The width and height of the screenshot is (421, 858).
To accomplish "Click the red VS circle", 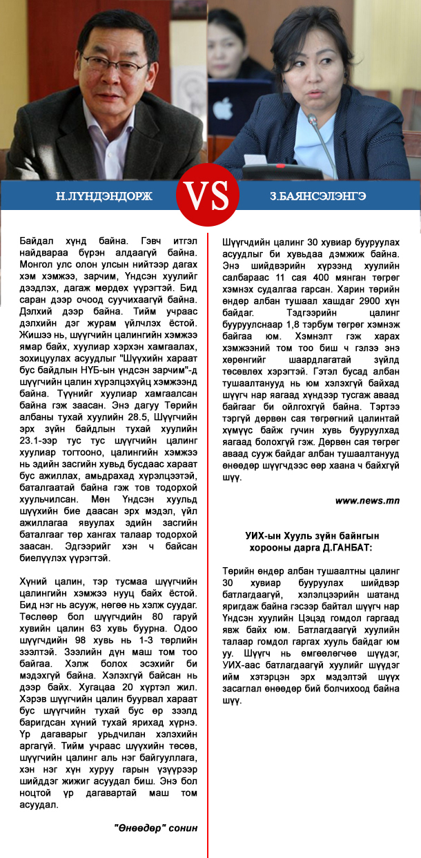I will pyautogui.click(x=210, y=196).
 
